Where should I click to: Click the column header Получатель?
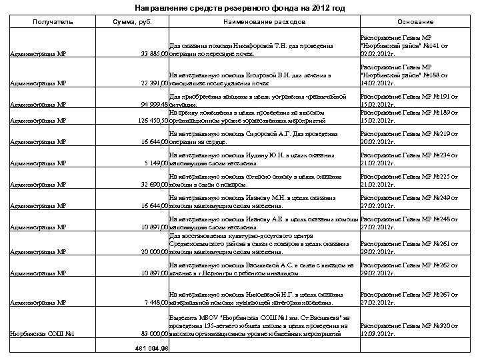pyautogui.click(x=51, y=23)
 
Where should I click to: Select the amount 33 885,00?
pyautogui.click(x=151, y=53)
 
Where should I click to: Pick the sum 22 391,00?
pyautogui.click(x=151, y=83)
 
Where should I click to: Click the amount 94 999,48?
pyautogui.click(x=151, y=105)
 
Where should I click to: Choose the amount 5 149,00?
pyautogui.click(x=153, y=163)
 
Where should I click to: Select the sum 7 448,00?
pyautogui.click(x=153, y=303)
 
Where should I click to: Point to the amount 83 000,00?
pyautogui.click(x=151, y=333)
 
